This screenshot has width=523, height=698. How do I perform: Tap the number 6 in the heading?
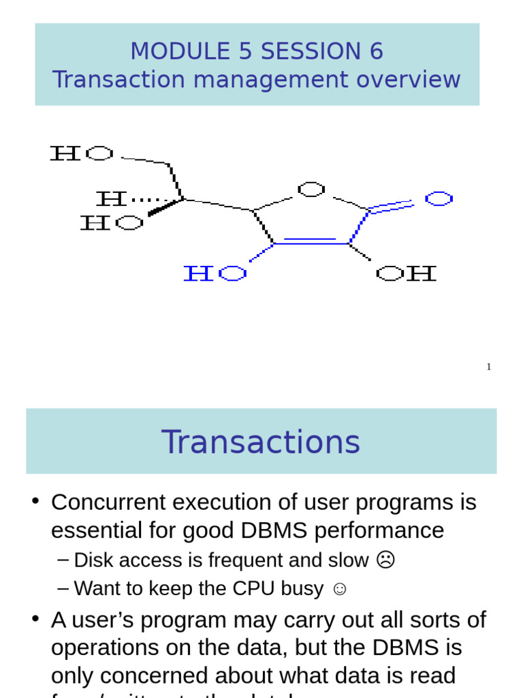click(377, 51)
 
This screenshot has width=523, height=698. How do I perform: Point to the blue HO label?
click(215, 273)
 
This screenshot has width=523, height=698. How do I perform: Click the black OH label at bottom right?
click(406, 273)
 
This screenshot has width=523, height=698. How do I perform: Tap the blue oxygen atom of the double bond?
click(439, 199)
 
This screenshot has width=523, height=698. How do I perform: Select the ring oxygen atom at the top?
click(311, 189)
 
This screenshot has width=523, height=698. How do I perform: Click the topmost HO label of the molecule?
click(82, 153)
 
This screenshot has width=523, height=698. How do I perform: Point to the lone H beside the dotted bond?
click(111, 199)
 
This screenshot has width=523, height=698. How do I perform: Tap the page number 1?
click(488, 367)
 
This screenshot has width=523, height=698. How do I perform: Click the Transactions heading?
click(261, 442)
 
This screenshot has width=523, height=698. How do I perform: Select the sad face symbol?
click(385, 560)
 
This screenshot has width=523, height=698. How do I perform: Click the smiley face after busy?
click(339, 589)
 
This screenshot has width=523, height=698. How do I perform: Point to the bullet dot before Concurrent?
click(36, 502)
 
